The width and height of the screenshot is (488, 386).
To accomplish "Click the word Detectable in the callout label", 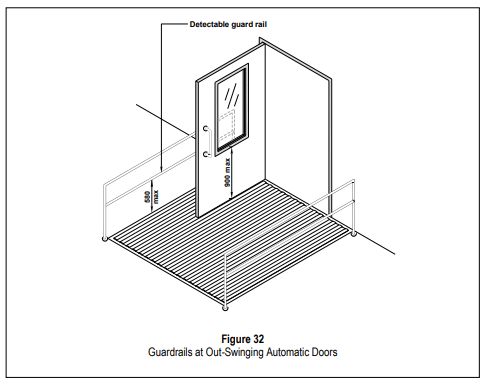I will [210, 21].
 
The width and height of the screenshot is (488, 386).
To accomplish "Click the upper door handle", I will [206, 129].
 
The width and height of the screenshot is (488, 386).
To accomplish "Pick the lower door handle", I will [206, 155].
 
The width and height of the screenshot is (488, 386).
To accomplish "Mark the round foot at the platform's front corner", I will [228, 306].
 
